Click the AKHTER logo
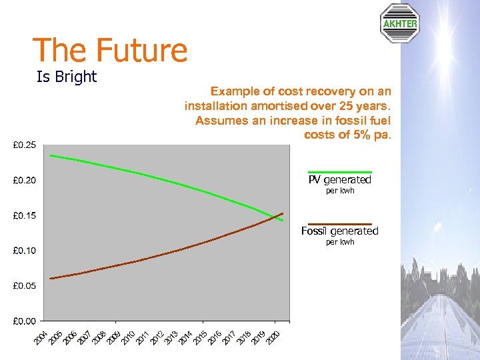(399, 24)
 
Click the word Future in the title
(141, 51)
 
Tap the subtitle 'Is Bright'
(67, 77)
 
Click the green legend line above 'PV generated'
(339, 172)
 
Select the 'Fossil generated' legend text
(339, 231)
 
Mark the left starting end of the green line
(51, 155)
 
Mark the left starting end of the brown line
(51, 278)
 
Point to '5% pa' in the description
(373, 135)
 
